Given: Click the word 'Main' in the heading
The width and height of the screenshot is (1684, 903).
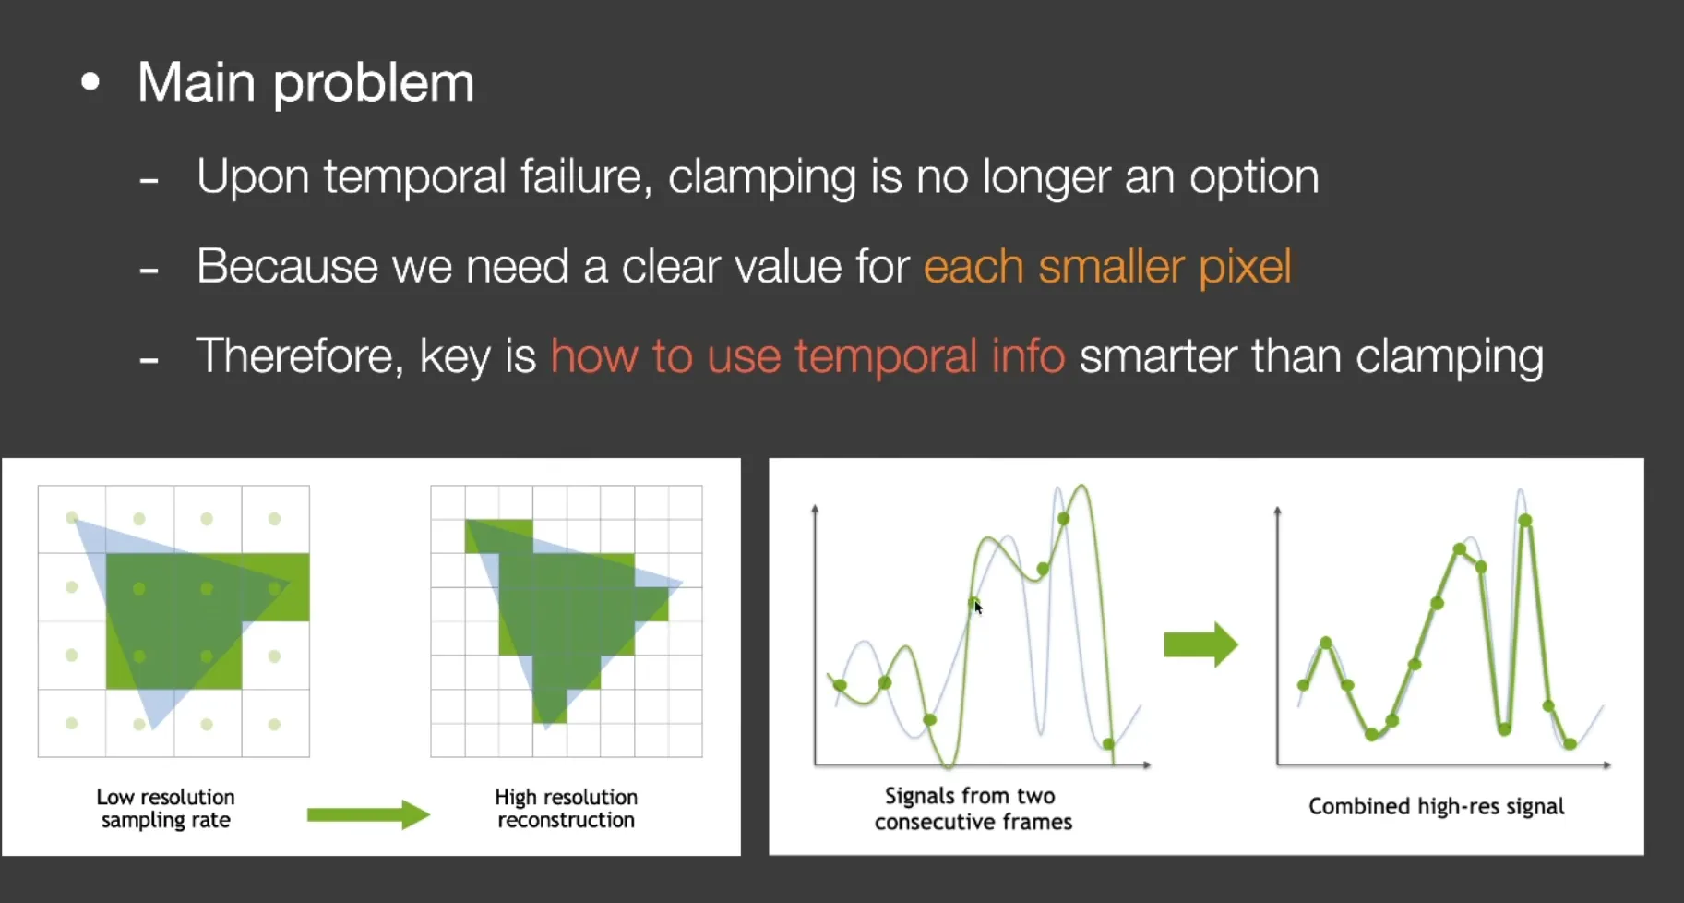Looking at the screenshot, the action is pyautogui.click(x=197, y=82).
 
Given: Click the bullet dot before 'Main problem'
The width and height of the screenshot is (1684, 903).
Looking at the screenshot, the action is pyautogui.click(x=90, y=83).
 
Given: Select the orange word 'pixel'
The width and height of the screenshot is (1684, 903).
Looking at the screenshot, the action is pyautogui.click(x=1245, y=267).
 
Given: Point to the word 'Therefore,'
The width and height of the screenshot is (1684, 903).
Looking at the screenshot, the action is pyautogui.click(x=300, y=356).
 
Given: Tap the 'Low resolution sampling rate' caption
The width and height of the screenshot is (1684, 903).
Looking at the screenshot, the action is pyautogui.click(x=166, y=808).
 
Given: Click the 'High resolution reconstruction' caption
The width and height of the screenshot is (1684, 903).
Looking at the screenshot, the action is pyautogui.click(x=567, y=808).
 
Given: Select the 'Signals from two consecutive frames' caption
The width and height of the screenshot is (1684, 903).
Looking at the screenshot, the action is pyautogui.click(x=973, y=809).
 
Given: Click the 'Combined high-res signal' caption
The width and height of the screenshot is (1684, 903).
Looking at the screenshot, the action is pyautogui.click(x=1437, y=807).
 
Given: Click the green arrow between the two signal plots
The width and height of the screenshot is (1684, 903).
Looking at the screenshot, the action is pyautogui.click(x=1200, y=644).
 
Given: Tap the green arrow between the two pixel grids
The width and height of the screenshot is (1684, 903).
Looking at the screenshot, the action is pyautogui.click(x=368, y=814).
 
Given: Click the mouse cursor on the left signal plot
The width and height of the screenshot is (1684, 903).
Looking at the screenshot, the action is pyautogui.click(x=978, y=607).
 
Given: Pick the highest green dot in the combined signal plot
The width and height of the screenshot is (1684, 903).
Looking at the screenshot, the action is pyautogui.click(x=1525, y=521).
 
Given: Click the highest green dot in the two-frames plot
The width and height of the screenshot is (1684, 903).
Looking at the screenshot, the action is pyautogui.click(x=1063, y=519).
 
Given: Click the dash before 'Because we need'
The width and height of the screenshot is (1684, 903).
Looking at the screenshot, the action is pyautogui.click(x=149, y=271).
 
